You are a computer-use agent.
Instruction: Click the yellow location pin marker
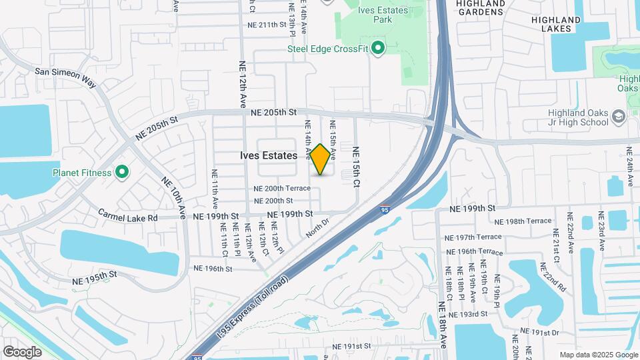pyautogui.click(x=321, y=159)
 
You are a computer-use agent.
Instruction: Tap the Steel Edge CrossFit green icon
pyautogui.click(x=379, y=48)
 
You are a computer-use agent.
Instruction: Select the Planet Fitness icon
pyautogui.click(x=122, y=173)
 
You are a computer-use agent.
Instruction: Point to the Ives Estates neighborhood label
pyautogui.click(x=269, y=155)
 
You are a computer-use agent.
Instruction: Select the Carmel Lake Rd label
pyautogui.click(x=128, y=216)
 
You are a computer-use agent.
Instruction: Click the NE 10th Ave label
pyautogui.click(x=172, y=195)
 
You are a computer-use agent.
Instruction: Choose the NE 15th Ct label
pyautogui.click(x=356, y=167)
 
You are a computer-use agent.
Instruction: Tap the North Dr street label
pyautogui.click(x=318, y=227)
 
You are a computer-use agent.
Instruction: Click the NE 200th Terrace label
pyautogui.click(x=282, y=189)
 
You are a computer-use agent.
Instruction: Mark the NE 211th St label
pyautogui.click(x=266, y=25)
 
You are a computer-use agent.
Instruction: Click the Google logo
pyautogui.click(x=22, y=351)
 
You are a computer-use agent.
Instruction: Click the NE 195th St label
pyautogui.click(x=95, y=275)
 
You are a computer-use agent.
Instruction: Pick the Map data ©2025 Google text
pyautogui.click(x=599, y=355)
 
